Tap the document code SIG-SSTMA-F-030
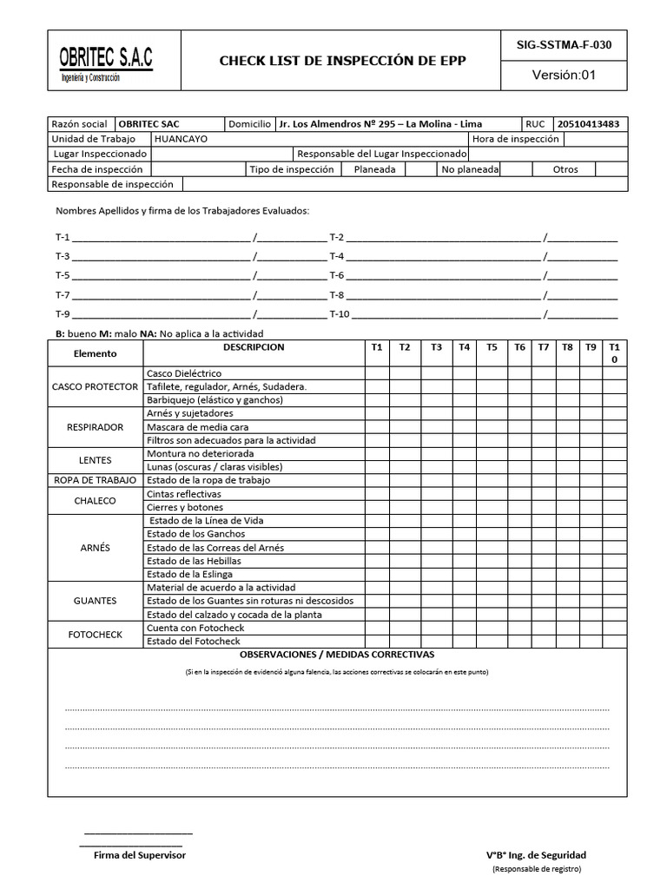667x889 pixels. pos(564,43)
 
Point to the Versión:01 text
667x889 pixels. pos(564,75)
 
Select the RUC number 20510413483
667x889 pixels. pos(588,124)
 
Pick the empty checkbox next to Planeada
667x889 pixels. pos(420,169)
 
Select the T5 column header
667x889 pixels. pos(492,347)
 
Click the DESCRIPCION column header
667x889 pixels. pos(253,347)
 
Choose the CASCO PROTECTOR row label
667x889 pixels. pos(95,386)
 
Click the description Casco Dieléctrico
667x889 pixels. pos(183,373)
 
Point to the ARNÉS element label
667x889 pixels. pos(95,548)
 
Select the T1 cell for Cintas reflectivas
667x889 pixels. pos(376,494)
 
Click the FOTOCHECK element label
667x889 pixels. pos(95,635)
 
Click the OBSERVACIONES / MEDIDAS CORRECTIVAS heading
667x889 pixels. pos(337,655)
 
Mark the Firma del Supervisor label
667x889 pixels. pos(139,855)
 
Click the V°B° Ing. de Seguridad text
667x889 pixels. pos(536,855)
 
